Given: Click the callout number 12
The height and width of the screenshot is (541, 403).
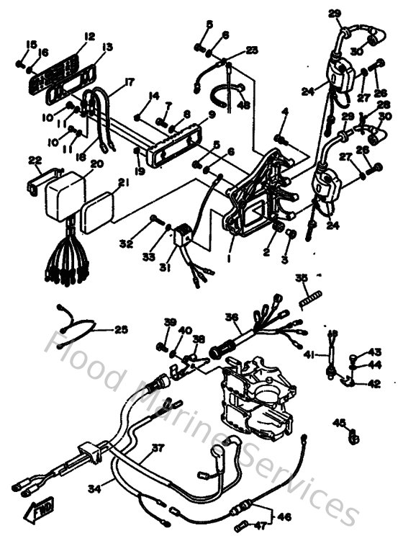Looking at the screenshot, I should pos(89,36).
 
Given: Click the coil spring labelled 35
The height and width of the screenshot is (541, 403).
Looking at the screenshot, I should pos(309,294).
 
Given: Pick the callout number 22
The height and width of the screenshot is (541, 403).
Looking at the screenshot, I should pos(34,160).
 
